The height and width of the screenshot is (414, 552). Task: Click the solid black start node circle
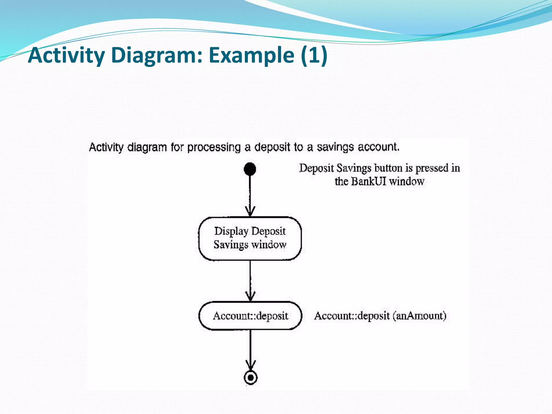click(250, 169)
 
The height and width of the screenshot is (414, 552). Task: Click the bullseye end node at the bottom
click(250, 378)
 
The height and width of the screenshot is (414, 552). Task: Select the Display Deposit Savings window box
click(250, 238)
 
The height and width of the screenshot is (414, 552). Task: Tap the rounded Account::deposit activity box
click(250, 316)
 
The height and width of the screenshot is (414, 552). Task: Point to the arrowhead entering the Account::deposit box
click(250, 296)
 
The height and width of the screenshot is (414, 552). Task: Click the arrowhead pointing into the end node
click(250, 365)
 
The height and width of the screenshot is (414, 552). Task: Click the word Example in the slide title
click(251, 55)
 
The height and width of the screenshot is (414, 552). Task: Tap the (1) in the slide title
click(314, 55)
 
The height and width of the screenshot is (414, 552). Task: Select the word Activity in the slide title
click(66, 55)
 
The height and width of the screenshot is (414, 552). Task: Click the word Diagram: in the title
click(157, 55)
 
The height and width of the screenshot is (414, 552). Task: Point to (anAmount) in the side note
click(419, 316)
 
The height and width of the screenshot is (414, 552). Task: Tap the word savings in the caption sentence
click(335, 147)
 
